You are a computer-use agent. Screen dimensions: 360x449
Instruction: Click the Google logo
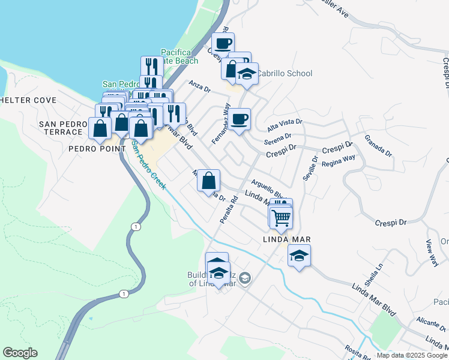pyautogui.click(x=20, y=353)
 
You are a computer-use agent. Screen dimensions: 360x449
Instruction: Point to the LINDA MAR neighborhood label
pyautogui.click(x=286, y=239)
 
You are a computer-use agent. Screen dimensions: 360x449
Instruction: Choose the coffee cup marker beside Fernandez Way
pyautogui.click(x=239, y=119)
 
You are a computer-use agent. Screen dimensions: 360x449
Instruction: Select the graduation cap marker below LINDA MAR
pyautogui.click(x=299, y=256)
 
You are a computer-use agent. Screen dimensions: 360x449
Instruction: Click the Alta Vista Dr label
pyautogui.click(x=285, y=125)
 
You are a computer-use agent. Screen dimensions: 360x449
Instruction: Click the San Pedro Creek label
pyautogui.click(x=148, y=164)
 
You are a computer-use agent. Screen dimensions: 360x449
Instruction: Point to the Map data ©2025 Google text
pyautogui.click(x=412, y=355)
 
